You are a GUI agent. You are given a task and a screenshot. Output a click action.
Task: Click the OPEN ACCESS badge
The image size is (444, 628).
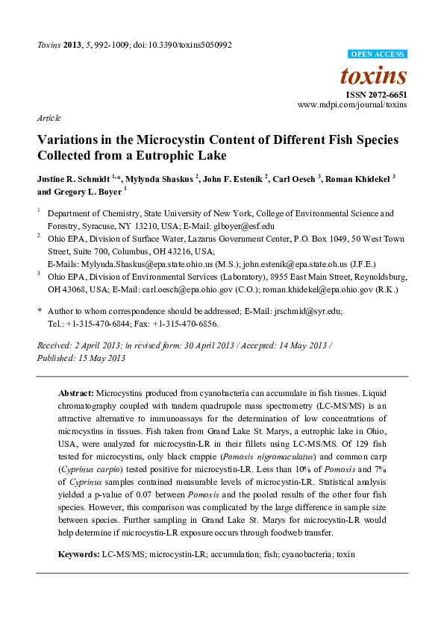pos(378,54)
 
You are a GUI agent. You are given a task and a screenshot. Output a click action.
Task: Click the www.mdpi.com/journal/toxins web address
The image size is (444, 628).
pos(352,105)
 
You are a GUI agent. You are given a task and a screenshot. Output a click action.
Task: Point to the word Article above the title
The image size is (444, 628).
pos(49,119)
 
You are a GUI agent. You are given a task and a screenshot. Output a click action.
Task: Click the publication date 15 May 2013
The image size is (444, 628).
pos(101,358)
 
